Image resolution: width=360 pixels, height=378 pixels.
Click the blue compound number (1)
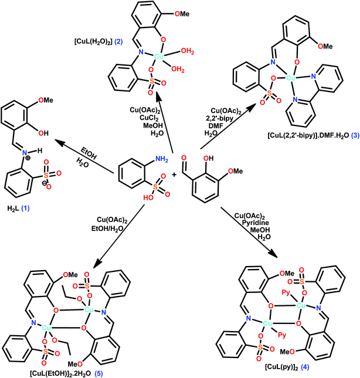pyautogui.click(x=25, y=208)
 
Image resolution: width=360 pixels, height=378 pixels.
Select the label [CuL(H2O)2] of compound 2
pyautogui.click(x=93, y=42)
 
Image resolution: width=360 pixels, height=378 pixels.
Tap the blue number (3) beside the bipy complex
pyautogui.click(x=355, y=135)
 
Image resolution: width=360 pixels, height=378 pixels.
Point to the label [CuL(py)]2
pyautogui.click(x=281, y=367)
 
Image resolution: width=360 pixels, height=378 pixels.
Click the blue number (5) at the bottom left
pyautogui.click(x=99, y=374)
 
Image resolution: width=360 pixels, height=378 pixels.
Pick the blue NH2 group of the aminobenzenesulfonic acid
pyautogui.click(x=162, y=159)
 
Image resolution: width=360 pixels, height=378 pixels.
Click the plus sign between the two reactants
pyautogui.click(x=174, y=175)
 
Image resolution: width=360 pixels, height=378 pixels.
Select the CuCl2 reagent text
pyautogui.click(x=149, y=118)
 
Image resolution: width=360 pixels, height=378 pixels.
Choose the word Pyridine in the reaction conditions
pyautogui.click(x=256, y=223)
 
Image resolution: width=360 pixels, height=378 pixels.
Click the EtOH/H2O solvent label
pyautogui.click(x=107, y=229)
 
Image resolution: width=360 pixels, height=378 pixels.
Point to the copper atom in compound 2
pyautogui.click(x=158, y=56)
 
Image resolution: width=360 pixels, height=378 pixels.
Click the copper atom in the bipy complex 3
pyautogui.click(x=291, y=78)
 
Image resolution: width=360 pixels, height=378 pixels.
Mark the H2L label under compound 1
pyautogui.click(x=13, y=208)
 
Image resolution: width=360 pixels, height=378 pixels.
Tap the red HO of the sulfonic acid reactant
pyautogui.click(x=148, y=197)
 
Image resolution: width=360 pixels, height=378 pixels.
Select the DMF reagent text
pyautogui.click(x=216, y=125)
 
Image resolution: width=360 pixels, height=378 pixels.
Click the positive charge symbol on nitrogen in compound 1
pyautogui.click(x=28, y=158)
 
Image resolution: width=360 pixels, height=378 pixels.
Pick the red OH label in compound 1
pyautogui.click(x=43, y=133)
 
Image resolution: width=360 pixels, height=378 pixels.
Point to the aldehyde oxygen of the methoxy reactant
pyautogui.click(x=184, y=158)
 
